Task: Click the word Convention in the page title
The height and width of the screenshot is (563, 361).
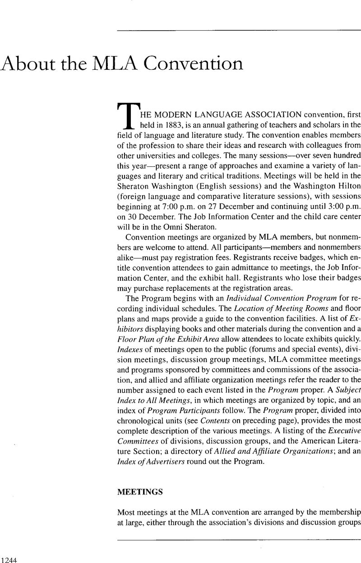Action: (200, 64)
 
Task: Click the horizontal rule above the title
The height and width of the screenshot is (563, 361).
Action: (239, 31)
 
